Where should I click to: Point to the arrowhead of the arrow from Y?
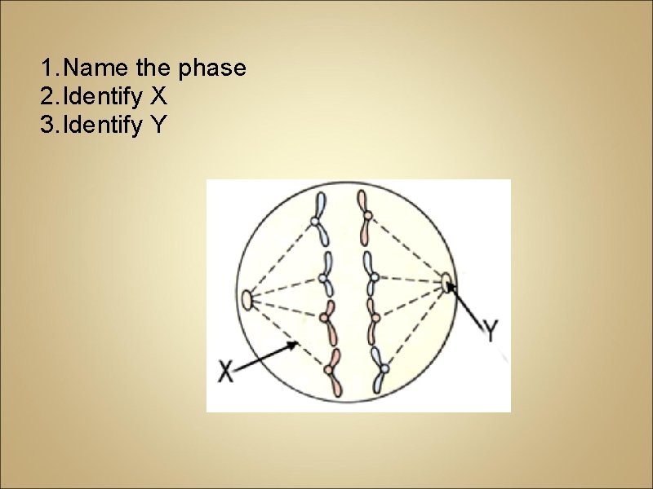(451, 287)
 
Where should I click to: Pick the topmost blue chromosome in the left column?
(319, 218)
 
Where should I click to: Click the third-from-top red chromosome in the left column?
(328, 319)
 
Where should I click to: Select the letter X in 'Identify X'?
(158, 97)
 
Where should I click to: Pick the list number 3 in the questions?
(46, 126)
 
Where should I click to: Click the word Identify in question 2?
(102, 97)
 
